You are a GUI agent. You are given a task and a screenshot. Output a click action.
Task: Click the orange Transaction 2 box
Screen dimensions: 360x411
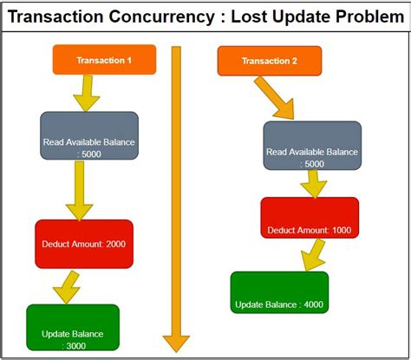(x=270, y=60)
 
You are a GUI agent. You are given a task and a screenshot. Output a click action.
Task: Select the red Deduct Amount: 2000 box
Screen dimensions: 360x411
(x=84, y=244)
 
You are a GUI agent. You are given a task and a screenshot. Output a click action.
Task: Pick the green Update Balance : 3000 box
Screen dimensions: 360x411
(x=73, y=331)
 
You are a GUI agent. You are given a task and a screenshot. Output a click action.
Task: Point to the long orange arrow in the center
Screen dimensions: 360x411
(x=177, y=200)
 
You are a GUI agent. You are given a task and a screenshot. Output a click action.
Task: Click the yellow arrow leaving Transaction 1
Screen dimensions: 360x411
(x=86, y=93)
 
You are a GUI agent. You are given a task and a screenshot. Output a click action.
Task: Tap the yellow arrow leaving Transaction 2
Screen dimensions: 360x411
(x=276, y=98)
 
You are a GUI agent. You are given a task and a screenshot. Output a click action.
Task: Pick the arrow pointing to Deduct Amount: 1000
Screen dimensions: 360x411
(x=313, y=183)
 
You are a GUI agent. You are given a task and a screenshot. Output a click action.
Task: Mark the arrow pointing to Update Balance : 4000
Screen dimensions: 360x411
(x=311, y=253)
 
